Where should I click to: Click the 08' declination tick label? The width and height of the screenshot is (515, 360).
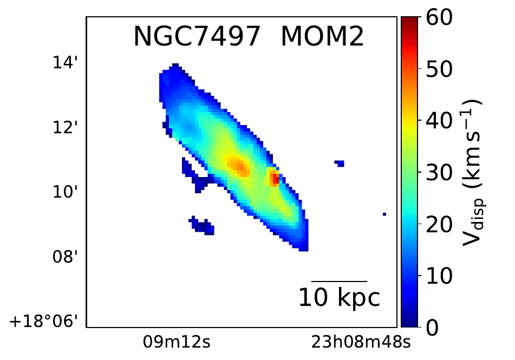[66, 256]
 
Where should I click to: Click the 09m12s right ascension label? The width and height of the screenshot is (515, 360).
[170, 342]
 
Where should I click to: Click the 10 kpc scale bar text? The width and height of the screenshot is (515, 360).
[340, 298]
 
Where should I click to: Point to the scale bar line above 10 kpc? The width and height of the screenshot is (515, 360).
[340, 282]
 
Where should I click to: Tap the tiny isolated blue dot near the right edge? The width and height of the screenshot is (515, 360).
[384, 214]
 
